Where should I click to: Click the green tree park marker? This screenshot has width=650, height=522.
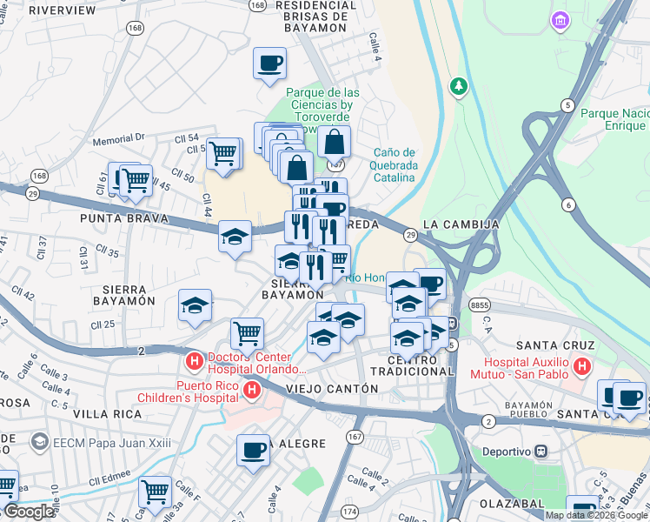pyautogui.click(x=458, y=86)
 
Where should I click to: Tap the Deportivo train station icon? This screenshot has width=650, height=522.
pyautogui.click(x=541, y=451)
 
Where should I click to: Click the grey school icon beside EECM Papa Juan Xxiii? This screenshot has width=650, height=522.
pyautogui.click(x=40, y=442)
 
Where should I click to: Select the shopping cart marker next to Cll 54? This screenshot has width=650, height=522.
pyautogui.click(x=223, y=153)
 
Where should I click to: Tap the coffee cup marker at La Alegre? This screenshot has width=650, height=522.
pyautogui.click(x=254, y=450)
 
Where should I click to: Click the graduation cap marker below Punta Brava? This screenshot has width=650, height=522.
pyautogui.click(x=235, y=236)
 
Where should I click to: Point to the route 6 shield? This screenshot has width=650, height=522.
pyautogui.click(x=569, y=204)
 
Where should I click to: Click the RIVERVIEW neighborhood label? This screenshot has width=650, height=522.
pyautogui.click(x=62, y=10)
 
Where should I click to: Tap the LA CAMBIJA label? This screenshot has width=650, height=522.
pyautogui.click(x=461, y=224)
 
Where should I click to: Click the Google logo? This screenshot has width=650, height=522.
pyautogui.click(x=28, y=512)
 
